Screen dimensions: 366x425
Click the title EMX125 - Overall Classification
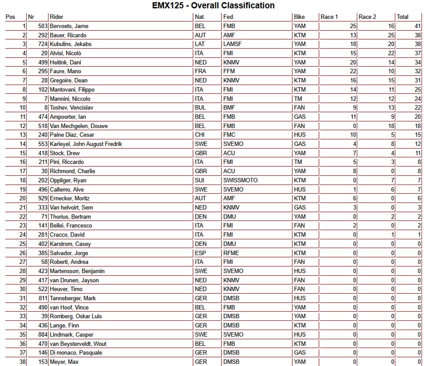pos(213,6)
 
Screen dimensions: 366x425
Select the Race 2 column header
pos(367,17)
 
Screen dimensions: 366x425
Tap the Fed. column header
pos(228,17)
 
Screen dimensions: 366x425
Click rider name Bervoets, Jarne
pos(69,26)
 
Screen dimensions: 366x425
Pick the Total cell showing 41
pos(418,26)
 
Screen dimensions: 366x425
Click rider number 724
pos(42,44)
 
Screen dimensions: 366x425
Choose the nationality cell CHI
pos(199,135)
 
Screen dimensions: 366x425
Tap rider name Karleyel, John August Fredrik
pos(86,144)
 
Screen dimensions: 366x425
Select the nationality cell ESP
pos(200,253)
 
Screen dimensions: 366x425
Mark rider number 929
pos(42,199)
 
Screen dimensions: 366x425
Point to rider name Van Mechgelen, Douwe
pos(79,126)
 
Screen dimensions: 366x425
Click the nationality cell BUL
pos(200,108)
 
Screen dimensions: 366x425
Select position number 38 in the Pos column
pos(22,362)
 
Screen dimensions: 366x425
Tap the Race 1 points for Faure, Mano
pos(353,71)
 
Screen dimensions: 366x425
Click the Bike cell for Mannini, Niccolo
pos(298,99)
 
